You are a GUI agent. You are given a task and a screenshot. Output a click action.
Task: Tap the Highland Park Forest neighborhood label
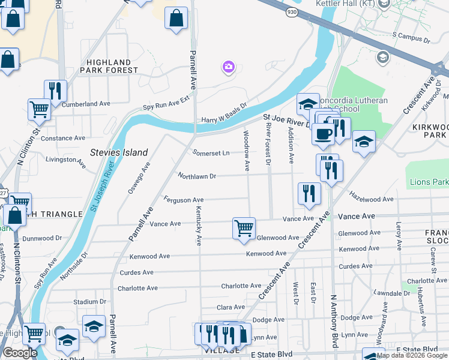tap(109, 67)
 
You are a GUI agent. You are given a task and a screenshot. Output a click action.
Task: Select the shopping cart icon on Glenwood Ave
tap(244, 228)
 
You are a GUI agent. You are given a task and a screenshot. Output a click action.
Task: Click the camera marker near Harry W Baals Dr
tap(228, 67)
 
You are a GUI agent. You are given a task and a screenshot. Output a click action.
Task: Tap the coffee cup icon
tap(323, 134)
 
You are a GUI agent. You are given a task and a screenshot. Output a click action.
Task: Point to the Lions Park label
tap(429, 182)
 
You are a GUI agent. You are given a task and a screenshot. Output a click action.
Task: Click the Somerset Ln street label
tap(211, 153)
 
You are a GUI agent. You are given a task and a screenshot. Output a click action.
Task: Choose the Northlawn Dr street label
tap(196, 176)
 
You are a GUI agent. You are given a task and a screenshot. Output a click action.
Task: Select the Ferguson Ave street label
tap(184, 200)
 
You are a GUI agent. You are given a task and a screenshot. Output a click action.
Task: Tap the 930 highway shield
tap(291, 12)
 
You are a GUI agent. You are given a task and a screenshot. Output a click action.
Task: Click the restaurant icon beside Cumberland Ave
tap(55, 91)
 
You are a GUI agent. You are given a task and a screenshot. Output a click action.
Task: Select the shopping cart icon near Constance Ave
tap(39, 110)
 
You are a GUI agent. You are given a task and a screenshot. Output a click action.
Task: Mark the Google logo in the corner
tap(20, 353)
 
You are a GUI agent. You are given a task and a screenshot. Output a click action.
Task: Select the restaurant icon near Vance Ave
tap(309, 193)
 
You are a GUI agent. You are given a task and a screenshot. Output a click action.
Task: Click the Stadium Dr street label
tap(89, 302)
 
